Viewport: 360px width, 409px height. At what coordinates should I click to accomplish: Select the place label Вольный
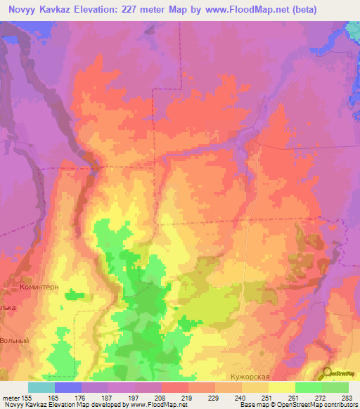(x=15, y=340)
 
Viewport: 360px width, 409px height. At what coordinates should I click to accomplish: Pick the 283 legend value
(x=347, y=396)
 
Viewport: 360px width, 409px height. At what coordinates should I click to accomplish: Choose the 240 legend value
(x=241, y=396)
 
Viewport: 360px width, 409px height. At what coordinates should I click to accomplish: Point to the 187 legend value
(x=109, y=396)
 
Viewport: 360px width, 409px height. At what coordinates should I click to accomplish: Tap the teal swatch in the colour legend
(x=41, y=387)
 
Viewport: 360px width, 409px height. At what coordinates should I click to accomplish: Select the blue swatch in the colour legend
(x=68, y=387)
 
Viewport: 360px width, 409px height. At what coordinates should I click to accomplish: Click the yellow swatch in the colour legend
(x=282, y=387)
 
